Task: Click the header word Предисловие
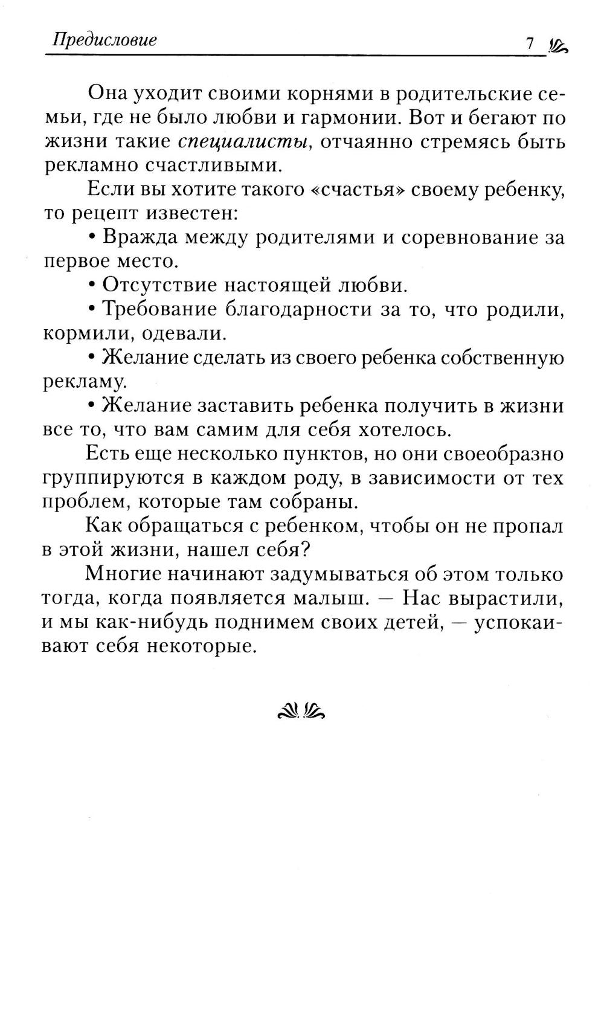104,40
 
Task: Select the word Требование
159,309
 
